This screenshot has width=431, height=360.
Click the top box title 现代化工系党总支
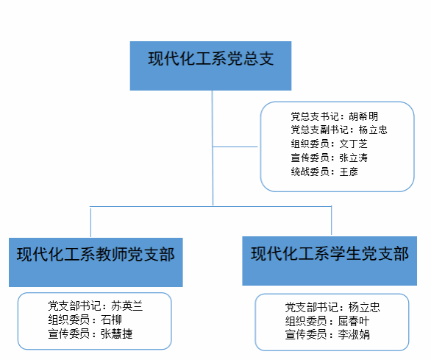[x=211, y=58]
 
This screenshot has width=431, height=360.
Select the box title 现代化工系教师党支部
[x=96, y=254]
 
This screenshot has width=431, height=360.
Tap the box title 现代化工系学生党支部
[x=330, y=253]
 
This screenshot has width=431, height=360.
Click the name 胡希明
[x=363, y=116]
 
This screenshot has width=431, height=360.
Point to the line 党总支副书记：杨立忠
[x=339, y=130]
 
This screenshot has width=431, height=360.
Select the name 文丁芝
[x=354, y=144]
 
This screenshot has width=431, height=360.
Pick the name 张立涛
[x=354, y=158]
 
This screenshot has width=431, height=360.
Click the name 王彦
[x=349, y=172]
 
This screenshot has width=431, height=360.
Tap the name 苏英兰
[x=127, y=306]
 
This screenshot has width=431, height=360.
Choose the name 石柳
[x=111, y=320]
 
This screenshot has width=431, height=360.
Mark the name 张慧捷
[x=116, y=333]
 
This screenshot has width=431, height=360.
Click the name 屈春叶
[x=354, y=321]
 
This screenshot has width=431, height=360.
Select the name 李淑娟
[x=354, y=335]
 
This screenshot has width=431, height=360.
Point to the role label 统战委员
[x=310, y=172]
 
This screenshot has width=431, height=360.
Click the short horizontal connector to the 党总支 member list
[x=235, y=147]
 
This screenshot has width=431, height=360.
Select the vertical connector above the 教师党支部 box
[x=90, y=222]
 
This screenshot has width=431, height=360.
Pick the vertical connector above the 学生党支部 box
[x=332, y=220]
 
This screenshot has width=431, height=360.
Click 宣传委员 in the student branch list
[x=306, y=335]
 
